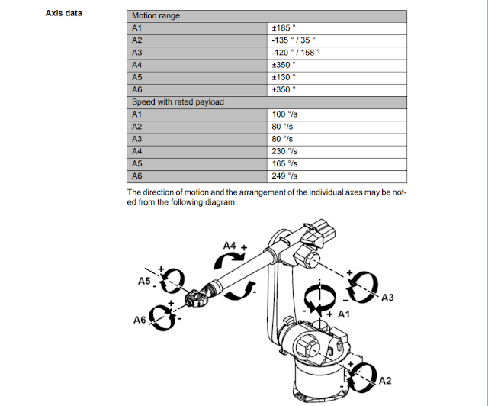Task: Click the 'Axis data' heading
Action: click(64, 13)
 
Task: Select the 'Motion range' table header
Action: click(159, 15)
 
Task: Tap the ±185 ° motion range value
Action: click(282, 27)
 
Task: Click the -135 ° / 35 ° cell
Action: click(293, 40)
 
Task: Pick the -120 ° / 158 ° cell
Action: click(295, 52)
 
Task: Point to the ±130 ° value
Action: click(282, 76)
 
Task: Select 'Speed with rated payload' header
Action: click(178, 101)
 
